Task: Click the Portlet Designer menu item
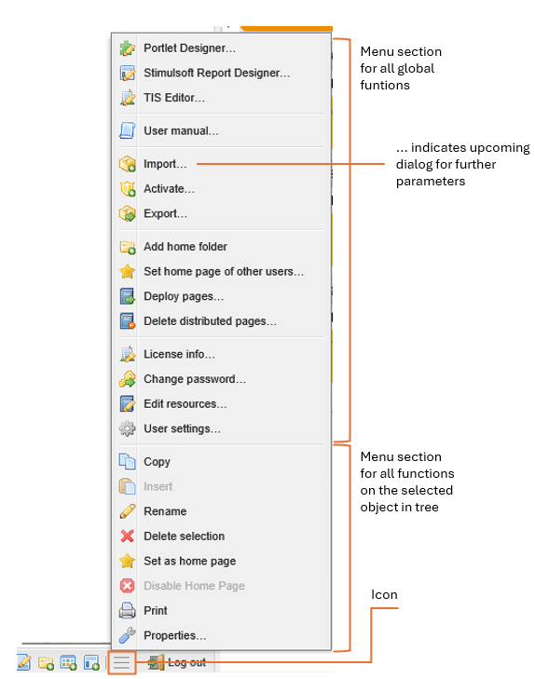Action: (189, 48)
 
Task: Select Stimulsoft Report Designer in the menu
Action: (216, 73)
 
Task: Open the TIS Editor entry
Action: (174, 98)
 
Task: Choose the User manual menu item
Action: (181, 130)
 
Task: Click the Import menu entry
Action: (165, 164)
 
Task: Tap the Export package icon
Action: (128, 213)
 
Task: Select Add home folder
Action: (185, 247)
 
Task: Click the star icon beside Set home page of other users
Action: (128, 272)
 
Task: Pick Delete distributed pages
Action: (210, 321)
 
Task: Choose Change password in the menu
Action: (195, 379)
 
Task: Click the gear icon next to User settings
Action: (128, 428)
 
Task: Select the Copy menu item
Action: (157, 462)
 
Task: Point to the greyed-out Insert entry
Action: (158, 487)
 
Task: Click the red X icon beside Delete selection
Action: (128, 536)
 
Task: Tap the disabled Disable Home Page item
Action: (194, 586)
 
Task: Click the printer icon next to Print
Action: (128, 611)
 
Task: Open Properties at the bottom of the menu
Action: (174, 636)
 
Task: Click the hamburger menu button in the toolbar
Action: (122, 662)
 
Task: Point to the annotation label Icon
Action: (384, 595)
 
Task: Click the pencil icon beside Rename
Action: (128, 511)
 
